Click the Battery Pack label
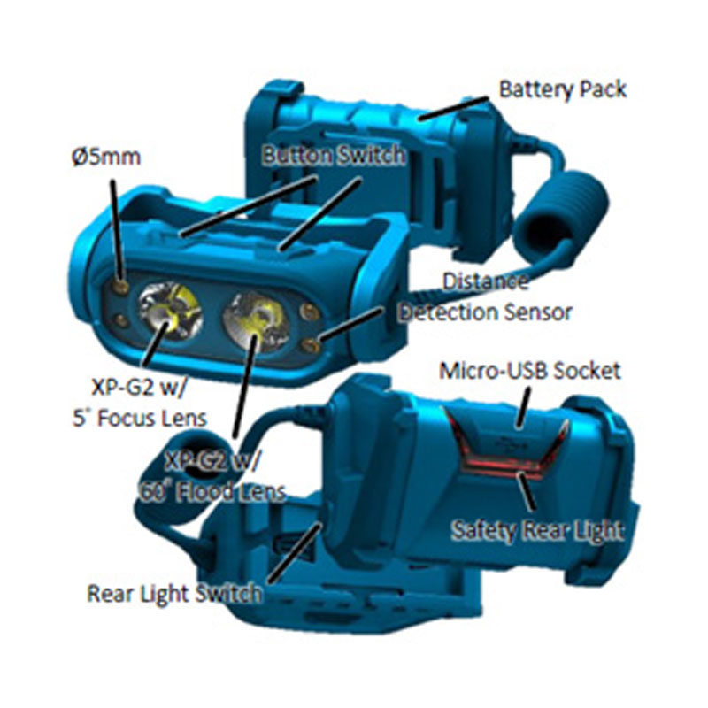563,90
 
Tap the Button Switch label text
334,156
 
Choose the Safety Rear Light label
537,530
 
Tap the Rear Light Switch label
173,593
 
